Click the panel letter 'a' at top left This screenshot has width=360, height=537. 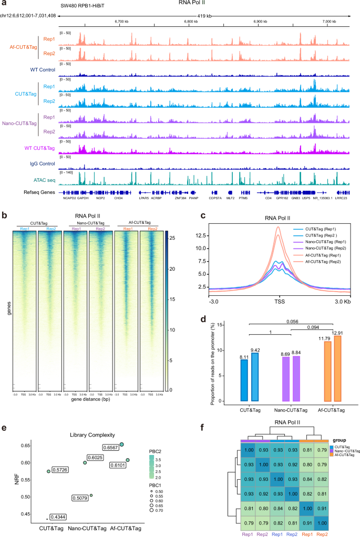coord(4,4)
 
